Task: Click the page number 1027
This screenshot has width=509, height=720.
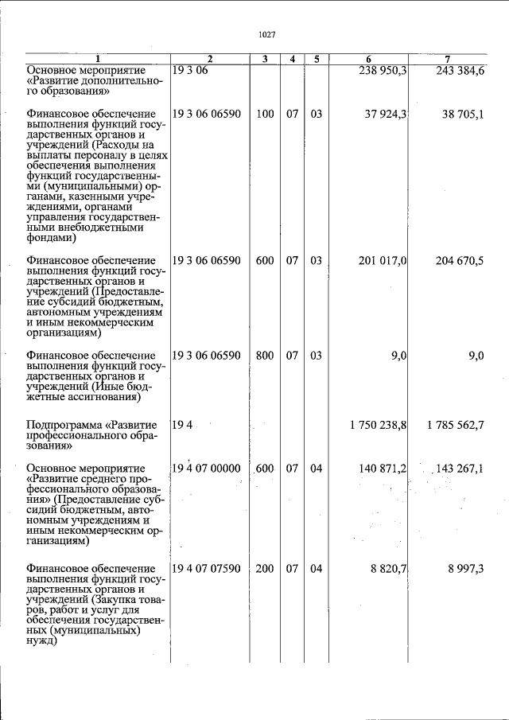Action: (267, 35)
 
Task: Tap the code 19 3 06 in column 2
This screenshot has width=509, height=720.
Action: (189, 71)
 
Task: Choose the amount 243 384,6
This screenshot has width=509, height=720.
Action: (460, 71)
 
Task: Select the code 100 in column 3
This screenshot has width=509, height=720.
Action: (265, 114)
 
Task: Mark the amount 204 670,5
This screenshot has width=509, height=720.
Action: (460, 260)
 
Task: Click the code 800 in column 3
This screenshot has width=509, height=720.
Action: (265, 356)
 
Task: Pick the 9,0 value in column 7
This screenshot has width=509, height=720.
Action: (476, 356)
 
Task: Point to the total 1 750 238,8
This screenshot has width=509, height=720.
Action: (378, 425)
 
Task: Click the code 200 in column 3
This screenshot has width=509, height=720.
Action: (265, 569)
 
